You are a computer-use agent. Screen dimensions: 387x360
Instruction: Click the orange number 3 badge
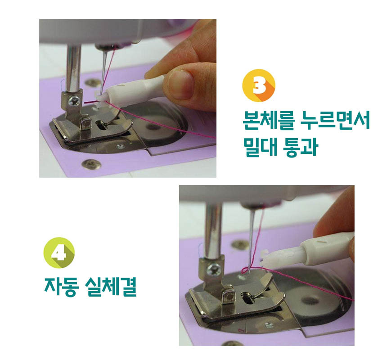[x=259, y=85]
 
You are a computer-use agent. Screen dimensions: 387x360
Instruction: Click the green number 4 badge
[x=59, y=252]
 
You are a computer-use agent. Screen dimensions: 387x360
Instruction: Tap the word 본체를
[x=269, y=121]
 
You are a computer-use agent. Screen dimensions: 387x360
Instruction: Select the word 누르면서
[x=335, y=120]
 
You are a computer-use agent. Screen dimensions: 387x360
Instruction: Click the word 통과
[x=301, y=147]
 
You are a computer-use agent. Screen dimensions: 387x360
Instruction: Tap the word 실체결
[x=111, y=287]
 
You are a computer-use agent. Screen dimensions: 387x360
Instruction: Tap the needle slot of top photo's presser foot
[x=101, y=125]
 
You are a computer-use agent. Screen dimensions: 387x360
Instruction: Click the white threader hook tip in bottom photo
[x=265, y=254]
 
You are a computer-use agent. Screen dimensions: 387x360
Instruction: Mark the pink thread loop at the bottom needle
[x=245, y=270]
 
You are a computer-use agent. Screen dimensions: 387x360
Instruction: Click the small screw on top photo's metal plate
[x=120, y=147]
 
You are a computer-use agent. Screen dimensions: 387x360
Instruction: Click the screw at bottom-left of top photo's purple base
[x=91, y=164]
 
